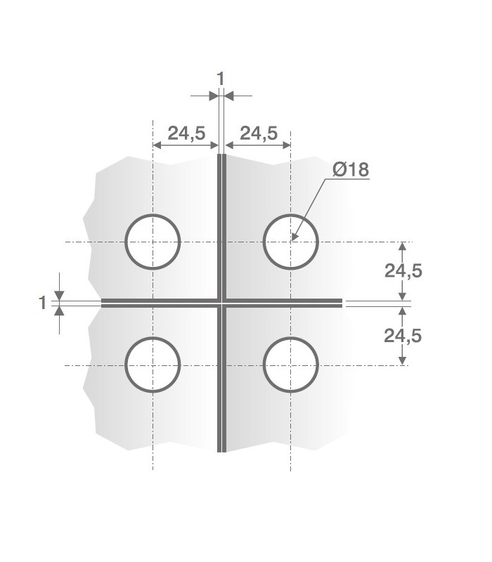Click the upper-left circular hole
point(153,242)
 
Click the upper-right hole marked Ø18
point(290,242)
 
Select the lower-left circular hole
point(153,365)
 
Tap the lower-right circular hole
point(290,365)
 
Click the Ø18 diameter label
point(351,169)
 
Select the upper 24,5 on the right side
point(403,271)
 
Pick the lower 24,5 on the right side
point(403,336)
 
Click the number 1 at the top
point(220,79)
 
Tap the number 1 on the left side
point(43,303)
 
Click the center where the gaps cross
point(221,303)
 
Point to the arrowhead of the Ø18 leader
point(294,238)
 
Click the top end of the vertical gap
point(221,156)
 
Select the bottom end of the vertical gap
point(221,450)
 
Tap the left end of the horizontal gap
point(104,303)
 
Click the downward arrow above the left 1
point(59,295)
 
